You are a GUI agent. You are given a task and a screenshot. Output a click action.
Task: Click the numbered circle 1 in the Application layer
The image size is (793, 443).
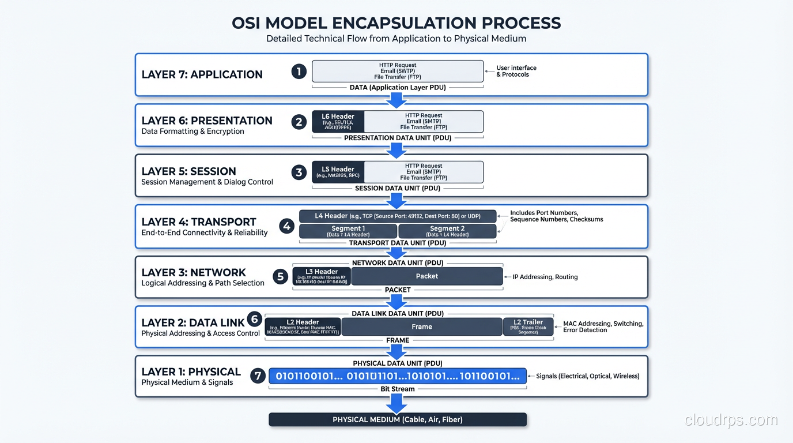pyautogui.click(x=299, y=72)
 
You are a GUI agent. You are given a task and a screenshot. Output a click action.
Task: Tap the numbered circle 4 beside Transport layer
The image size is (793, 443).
pyautogui.click(x=287, y=226)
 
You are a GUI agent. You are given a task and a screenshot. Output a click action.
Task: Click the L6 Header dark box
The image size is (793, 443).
pyautogui.click(x=338, y=122)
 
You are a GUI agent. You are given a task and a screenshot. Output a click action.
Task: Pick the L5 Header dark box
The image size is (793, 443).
pyautogui.click(x=338, y=172)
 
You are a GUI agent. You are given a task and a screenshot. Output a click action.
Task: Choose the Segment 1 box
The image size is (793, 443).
pyautogui.click(x=348, y=231)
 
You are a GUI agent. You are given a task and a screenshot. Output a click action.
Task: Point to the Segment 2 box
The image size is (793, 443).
pyautogui.click(x=447, y=231)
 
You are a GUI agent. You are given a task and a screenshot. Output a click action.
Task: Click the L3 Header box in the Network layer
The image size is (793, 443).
pyautogui.click(x=322, y=276)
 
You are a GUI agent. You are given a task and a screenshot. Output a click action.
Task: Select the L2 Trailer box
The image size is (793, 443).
pyautogui.click(x=528, y=326)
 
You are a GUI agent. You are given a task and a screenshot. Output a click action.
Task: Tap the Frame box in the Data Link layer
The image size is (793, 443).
pyautogui.click(x=422, y=326)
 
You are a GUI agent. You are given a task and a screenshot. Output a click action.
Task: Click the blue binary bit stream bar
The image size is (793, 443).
pyautogui.click(x=398, y=376)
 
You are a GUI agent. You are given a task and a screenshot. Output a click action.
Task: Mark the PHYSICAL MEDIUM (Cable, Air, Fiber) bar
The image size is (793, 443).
pyautogui.click(x=398, y=419)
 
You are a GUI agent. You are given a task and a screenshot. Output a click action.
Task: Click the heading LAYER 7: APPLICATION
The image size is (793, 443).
pyautogui.click(x=202, y=74)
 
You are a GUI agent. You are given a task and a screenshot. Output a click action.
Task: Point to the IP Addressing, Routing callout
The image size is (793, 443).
pyautogui.click(x=545, y=277)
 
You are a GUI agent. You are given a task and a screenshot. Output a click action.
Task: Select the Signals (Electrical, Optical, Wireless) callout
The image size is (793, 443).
pyautogui.click(x=587, y=376)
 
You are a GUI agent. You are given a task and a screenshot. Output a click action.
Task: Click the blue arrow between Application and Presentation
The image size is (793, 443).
pyautogui.click(x=396, y=100)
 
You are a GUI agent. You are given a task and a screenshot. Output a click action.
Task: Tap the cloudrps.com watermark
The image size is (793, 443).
pyautogui.click(x=731, y=420)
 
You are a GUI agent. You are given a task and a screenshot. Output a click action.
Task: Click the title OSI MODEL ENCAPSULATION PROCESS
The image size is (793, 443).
pyautogui.click(x=396, y=23)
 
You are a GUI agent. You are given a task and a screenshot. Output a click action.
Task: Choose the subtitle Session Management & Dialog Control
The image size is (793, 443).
pyautogui.click(x=207, y=182)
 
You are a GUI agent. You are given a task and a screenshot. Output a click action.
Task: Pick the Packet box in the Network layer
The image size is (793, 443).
pyautogui.click(x=427, y=276)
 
